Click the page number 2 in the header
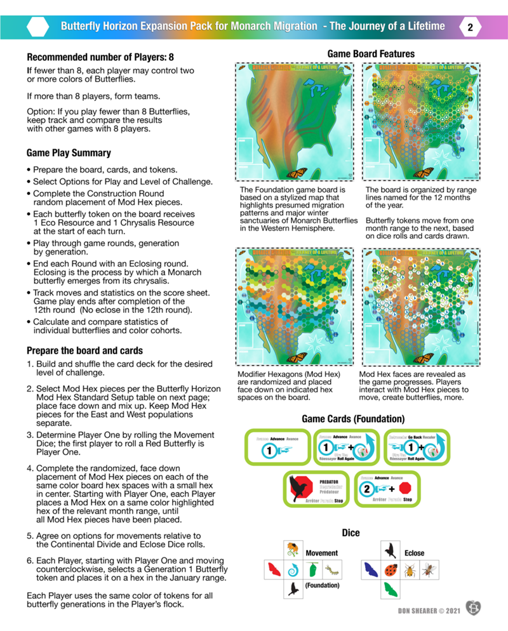(x=470, y=27)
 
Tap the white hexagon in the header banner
(x=39, y=27)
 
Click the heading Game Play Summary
(x=69, y=153)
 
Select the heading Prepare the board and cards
(x=84, y=350)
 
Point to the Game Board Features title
(x=371, y=54)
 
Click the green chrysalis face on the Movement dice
(x=312, y=571)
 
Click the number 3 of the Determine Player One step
(x=30, y=435)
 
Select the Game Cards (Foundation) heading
(x=352, y=419)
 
